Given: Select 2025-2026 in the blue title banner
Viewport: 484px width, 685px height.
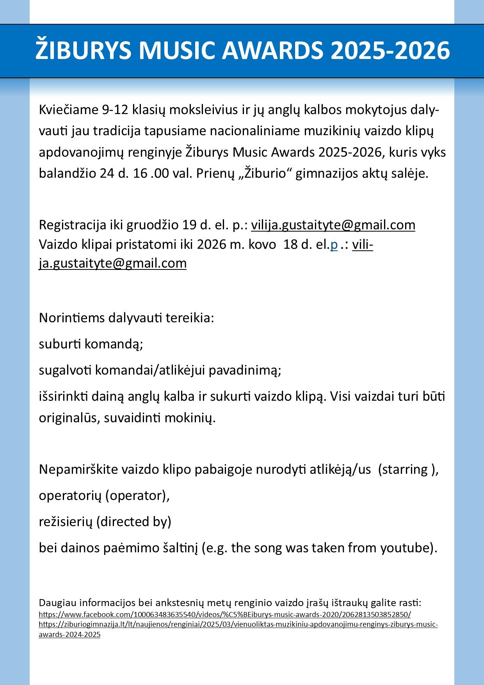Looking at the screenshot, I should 390,50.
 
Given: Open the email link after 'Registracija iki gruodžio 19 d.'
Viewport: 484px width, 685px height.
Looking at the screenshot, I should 333,225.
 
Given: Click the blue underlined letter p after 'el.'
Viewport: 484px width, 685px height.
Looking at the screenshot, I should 334,244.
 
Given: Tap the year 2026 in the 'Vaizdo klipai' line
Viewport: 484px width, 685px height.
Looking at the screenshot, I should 211,244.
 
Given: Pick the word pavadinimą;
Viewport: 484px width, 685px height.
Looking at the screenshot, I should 245,370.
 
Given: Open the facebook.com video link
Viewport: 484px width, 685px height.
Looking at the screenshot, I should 224,614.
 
